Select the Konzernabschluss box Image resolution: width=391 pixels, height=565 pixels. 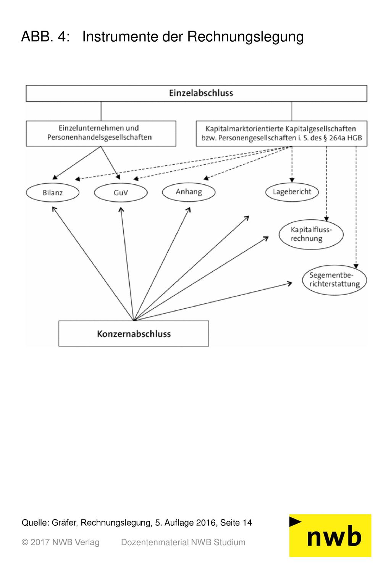point(134,333)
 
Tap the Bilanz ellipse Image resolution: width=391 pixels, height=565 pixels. point(52,193)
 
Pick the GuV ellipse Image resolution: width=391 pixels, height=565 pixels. point(121,193)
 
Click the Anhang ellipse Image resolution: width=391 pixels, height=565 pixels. point(189,192)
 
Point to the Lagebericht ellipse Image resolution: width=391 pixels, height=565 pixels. point(292,192)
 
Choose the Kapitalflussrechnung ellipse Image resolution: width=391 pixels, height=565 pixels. point(311,234)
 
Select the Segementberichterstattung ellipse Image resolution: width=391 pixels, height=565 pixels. point(334,280)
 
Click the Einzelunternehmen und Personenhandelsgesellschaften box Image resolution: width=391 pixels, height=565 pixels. point(101,133)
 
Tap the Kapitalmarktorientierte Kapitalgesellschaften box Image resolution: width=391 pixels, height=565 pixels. point(281,133)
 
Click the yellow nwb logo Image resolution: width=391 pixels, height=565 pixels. point(330,536)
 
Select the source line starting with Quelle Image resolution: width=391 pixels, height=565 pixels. point(137,523)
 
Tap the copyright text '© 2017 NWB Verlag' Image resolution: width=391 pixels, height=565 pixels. point(60,542)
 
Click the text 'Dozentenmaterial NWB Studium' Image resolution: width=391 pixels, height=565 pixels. point(183,542)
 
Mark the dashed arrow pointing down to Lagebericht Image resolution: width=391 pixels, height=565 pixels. point(292,164)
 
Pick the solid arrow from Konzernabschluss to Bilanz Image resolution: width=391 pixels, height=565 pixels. point(93,264)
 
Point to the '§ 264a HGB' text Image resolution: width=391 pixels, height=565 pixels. point(343,138)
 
